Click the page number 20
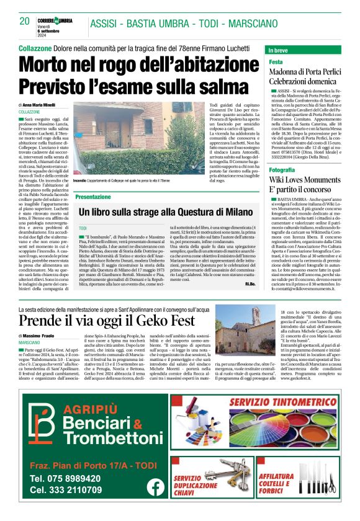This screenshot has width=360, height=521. pyautogui.click(x=25, y=20)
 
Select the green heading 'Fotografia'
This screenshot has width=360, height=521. pyautogui.click(x=282, y=169)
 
